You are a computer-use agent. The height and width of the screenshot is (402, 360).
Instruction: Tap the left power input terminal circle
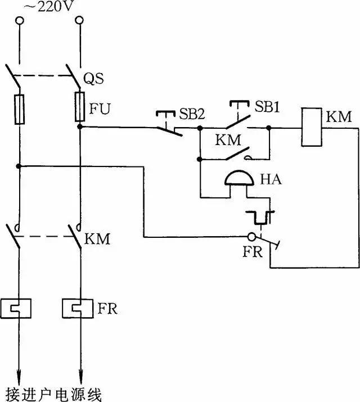20,21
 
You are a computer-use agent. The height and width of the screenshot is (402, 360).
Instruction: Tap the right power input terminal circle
79,21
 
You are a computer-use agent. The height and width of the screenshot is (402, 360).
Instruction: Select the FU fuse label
98,109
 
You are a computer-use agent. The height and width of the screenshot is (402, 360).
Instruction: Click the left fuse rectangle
20,109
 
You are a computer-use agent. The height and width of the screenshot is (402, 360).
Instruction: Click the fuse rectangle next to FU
80,108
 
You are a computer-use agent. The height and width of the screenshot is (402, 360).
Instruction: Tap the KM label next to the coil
339,118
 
